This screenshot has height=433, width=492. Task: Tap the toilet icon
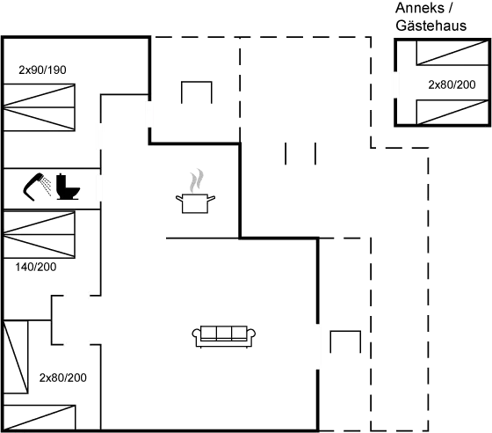68,187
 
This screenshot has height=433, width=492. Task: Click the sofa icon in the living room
224,336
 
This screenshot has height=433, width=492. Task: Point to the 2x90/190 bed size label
42,70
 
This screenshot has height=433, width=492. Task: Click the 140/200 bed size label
36,267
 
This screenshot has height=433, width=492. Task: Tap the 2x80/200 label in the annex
452,84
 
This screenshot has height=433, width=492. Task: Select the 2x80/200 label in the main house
62,378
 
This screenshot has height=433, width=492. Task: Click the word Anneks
420,8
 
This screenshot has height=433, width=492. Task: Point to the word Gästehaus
431,26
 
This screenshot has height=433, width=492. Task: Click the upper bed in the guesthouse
452,53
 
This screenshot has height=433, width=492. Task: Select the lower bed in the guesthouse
452,112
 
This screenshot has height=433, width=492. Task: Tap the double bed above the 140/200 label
39,234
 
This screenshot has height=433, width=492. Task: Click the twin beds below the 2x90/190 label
39,107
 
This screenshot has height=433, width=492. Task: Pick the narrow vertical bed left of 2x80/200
16,356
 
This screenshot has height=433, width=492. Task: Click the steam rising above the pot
196,180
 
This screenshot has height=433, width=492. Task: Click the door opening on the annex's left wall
396,85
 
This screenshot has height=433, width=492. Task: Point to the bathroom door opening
99,187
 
